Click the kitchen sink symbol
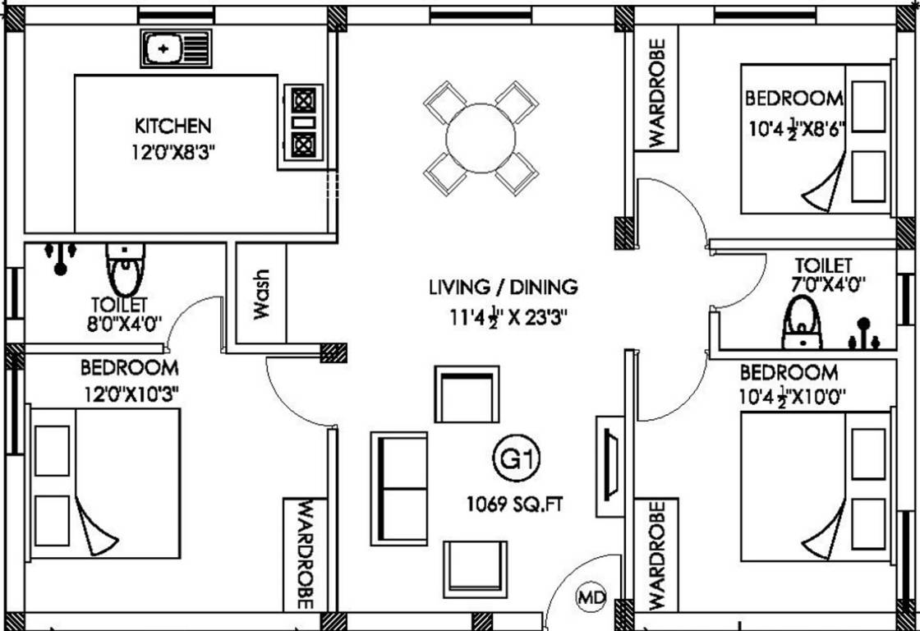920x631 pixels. (175, 48)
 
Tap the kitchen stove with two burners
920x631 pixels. (303, 122)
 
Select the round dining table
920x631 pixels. (481, 137)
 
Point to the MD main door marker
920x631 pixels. (590, 595)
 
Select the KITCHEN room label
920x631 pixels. (172, 126)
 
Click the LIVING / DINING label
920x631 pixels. (503, 288)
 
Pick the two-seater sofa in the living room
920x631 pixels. (400, 488)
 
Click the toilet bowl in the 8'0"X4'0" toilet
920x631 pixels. (125, 271)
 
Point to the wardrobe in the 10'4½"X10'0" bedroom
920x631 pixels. (657, 554)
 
